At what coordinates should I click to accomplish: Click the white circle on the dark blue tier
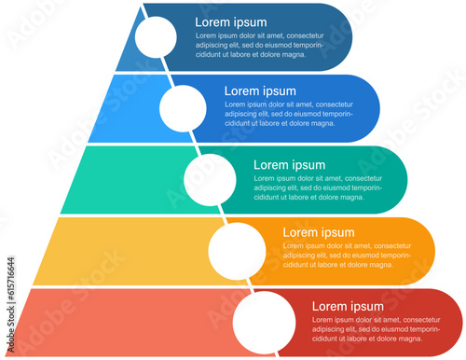pyautogui.click(x=155, y=36)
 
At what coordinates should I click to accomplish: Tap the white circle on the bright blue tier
pyautogui.click(x=183, y=107)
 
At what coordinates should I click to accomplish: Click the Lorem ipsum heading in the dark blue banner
pyautogui.click(x=230, y=22)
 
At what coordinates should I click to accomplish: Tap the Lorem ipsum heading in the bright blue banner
pyautogui.click(x=260, y=91)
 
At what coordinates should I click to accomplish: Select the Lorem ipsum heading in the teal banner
pyautogui.click(x=289, y=165)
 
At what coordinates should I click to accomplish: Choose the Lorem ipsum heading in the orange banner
pyautogui.click(x=318, y=233)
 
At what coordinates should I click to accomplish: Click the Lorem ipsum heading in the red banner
pyautogui.click(x=347, y=306)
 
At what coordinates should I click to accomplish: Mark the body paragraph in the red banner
pyautogui.click(x=376, y=328)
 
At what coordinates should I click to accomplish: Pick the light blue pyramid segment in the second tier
pyautogui.click(x=130, y=107)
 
